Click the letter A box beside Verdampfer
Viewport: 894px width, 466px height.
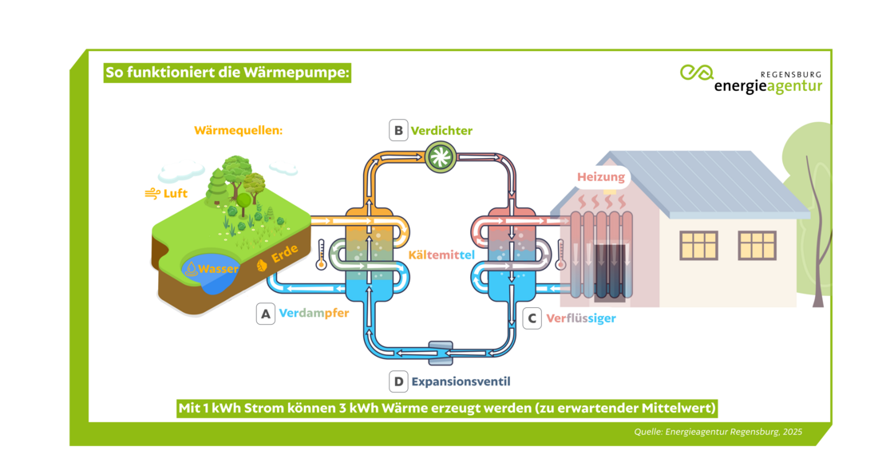coord(266,314)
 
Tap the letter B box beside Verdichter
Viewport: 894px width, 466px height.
coord(398,131)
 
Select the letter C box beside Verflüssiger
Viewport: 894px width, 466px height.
coord(532,318)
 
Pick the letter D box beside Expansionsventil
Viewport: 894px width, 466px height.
coord(398,381)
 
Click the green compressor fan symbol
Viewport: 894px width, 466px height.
coord(437,156)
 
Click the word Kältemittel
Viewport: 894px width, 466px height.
coord(441,255)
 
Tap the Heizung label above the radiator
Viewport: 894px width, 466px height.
coord(602,177)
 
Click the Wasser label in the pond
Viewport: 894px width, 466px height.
coord(218,269)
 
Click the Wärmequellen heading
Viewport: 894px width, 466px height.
coord(238,130)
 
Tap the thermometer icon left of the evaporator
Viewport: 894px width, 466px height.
coord(320,256)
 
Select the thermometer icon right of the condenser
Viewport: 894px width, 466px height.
coord(560,255)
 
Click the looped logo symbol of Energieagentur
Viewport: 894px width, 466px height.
coord(696,72)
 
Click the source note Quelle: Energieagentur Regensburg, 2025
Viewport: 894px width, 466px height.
coord(718,432)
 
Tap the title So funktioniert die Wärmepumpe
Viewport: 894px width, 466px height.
coord(227,73)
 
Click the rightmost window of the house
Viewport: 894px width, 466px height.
coord(757,245)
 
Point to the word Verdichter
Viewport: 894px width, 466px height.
coord(441,131)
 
